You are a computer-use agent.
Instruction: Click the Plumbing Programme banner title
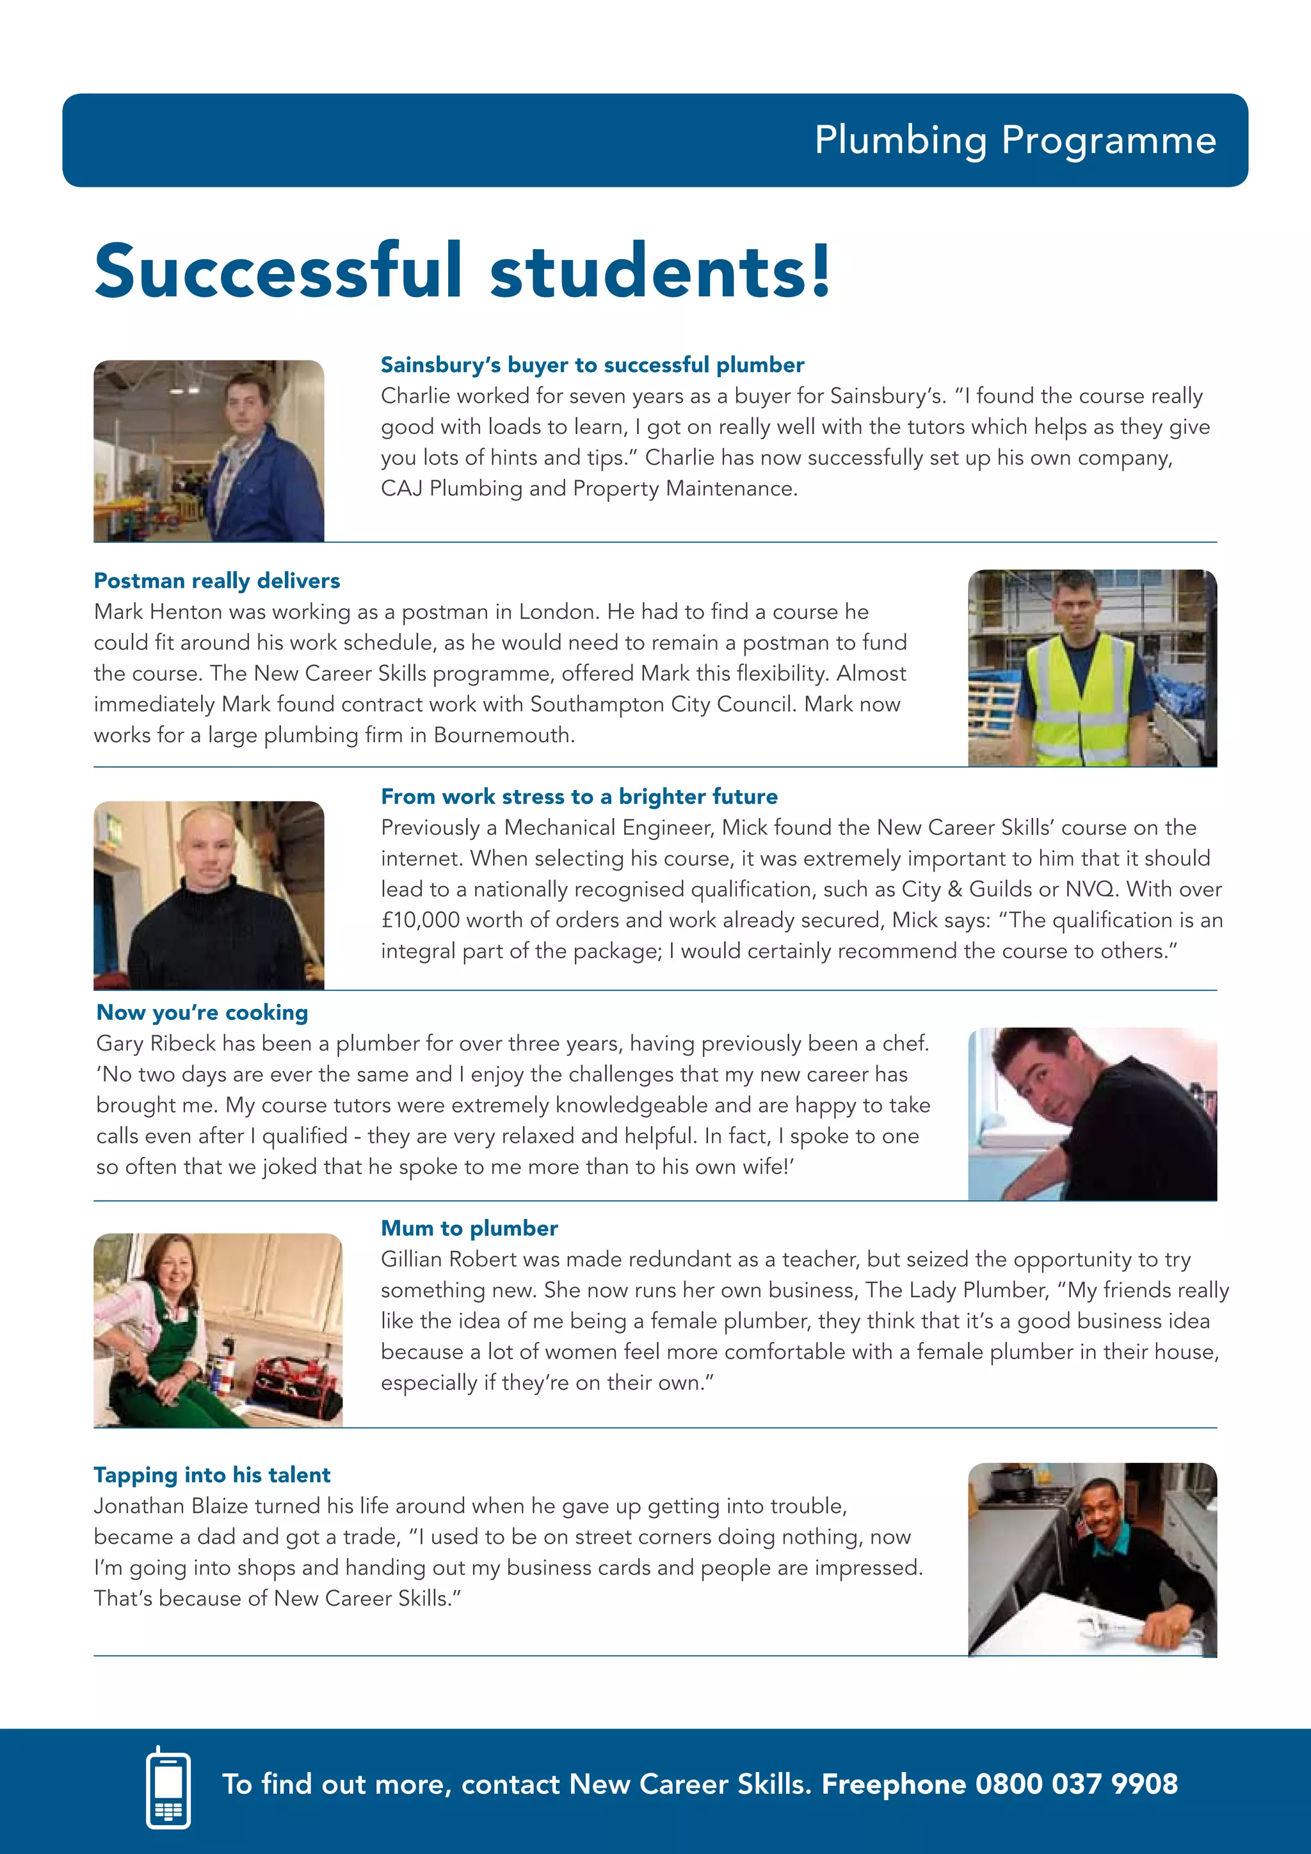(1015, 140)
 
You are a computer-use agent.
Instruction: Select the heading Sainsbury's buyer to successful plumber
(591, 365)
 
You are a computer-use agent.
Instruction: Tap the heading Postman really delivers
(216, 581)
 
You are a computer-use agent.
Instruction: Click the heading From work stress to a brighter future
(579, 796)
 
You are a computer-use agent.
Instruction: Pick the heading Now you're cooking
(202, 1013)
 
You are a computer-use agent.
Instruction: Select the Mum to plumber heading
(469, 1228)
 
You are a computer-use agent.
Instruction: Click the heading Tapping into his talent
(211, 1474)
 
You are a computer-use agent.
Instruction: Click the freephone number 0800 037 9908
(1076, 1784)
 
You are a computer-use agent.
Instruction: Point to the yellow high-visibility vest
(1080, 698)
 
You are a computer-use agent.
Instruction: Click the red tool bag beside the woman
(297, 1387)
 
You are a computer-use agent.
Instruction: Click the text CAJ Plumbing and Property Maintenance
(588, 488)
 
